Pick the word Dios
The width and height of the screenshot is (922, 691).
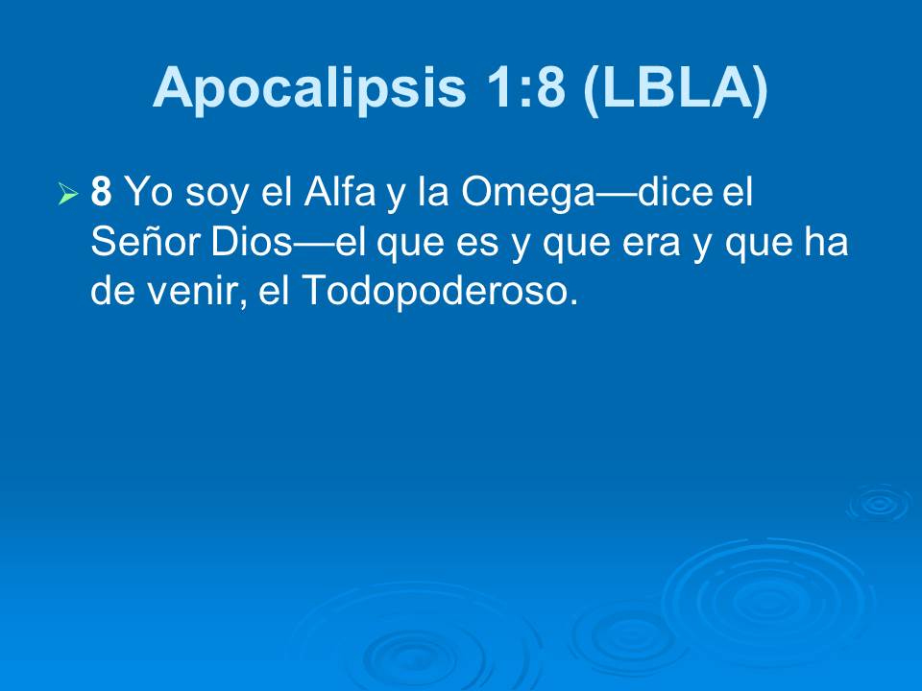251,243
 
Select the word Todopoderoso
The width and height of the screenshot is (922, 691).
440,292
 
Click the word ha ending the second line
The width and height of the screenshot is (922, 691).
829,243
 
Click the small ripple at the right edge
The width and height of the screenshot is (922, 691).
878,503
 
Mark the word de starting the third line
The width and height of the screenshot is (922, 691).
111,292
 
